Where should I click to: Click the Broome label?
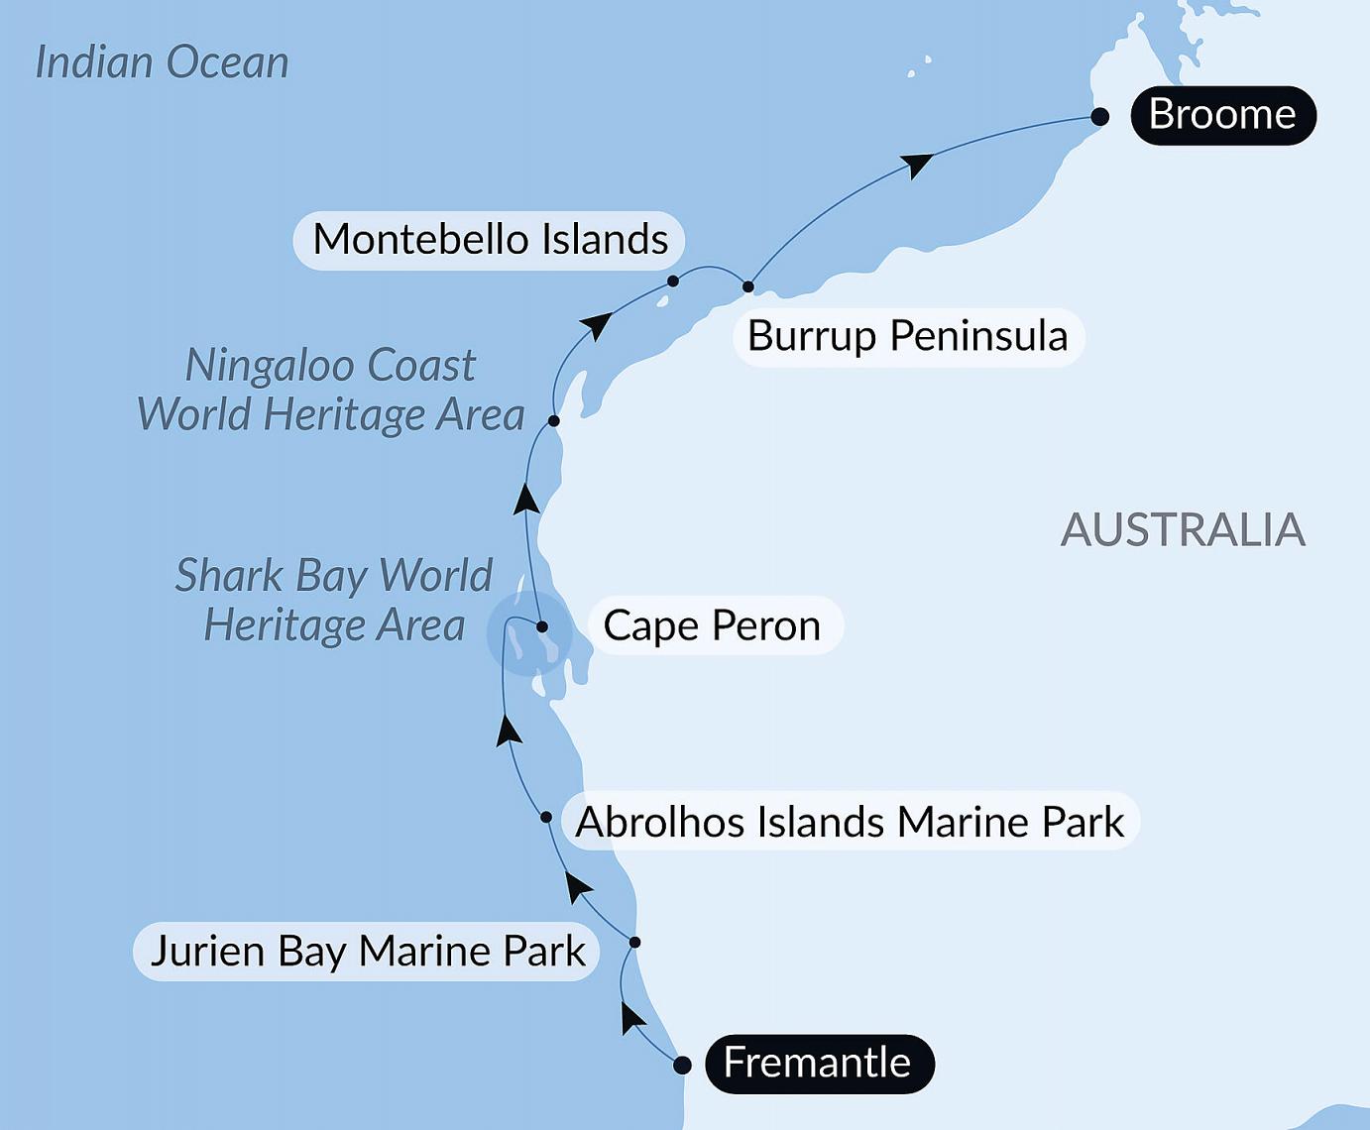pyautogui.click(x=1222, y=115)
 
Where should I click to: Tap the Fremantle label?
pyautogui.click(x=818, y=1064)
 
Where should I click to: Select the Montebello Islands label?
pyautogui.click(x=490, y=240)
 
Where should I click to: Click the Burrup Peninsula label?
pyautogui.click(x=908, y=336)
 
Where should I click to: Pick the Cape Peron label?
pyautogui.click(x=713, y=625)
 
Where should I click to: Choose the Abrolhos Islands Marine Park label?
pyautogui.click(x=851, y=822)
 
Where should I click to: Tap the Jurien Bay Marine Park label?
pyautogui.click(x=367, y=952)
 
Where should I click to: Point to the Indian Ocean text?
pyautogui.click(x=162, y=62)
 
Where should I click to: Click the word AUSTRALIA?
pyautogui.click(x=1183, y=530)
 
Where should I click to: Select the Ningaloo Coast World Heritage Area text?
pyautogui.click(x=331, y=391)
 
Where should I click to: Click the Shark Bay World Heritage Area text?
pyautogui.click(x=334, y=601)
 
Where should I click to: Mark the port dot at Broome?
pyautogui.click(x=1099, y=117)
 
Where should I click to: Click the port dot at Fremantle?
pyautogui.click(x=682, y=1066)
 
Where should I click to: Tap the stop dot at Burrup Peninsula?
pyautogui.click(x=748, y=287)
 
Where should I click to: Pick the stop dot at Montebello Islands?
pyautogui.click(x=673, y=282)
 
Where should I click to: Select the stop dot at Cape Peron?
pyautogui.click(x=542, y=626)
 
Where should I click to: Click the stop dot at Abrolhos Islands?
pyautogui.click(x=546, y=817)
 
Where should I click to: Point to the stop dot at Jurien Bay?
pyautogui.click(x=635, y=943)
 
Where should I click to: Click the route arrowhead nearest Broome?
pyautogui.click(x=918, y=164)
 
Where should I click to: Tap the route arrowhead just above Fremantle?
pyautogui.click(x=630, y=1016)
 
